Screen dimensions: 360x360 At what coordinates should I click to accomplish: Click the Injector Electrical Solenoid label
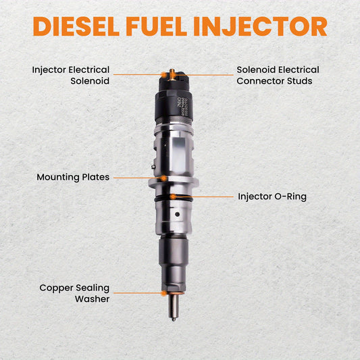[70, 75]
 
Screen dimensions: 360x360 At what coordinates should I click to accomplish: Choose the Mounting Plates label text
[72, 177]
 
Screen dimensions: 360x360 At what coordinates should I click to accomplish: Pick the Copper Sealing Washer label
[74, 293]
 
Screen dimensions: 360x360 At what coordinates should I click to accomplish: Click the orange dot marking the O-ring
[174, 197]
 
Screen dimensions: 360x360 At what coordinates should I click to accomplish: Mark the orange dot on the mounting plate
[163, 178]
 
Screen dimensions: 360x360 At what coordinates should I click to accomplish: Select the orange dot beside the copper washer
[163, 293]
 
